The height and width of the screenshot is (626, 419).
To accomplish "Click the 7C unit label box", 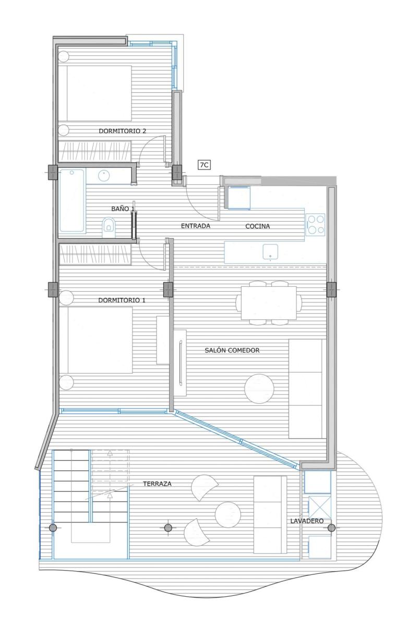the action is [x=204, y=165].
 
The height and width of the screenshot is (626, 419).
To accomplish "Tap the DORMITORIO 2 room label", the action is [x=123, y=131].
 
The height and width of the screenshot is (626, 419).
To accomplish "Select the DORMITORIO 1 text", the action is [x=122, y=300].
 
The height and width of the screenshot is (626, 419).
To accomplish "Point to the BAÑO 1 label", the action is [x=123, y=209].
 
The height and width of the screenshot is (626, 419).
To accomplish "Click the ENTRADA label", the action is [x=195, y=226].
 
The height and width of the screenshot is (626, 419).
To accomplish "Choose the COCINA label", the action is [x=257, y=226].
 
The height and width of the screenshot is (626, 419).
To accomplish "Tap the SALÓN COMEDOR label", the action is [x=232, y=350].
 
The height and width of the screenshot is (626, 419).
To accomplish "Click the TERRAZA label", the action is [x=157, y=484].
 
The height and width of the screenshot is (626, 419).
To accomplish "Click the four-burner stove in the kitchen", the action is [x=315, y=224].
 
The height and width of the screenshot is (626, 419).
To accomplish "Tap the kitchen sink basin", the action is [x=270, y=251].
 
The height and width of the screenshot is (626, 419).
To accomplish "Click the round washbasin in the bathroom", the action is [x=104, y=176].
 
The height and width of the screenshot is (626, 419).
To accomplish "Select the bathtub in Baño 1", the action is [x=72, y=200].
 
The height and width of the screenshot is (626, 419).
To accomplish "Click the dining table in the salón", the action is [x=269, y=303].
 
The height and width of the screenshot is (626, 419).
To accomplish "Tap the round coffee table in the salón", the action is [x=259, y=389].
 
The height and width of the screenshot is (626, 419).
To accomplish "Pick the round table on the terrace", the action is [x=228, y=514].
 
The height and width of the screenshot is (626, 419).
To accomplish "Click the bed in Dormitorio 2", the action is [x=95, y=93].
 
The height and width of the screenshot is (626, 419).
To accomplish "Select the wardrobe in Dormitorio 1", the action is [x=95, y=254].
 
